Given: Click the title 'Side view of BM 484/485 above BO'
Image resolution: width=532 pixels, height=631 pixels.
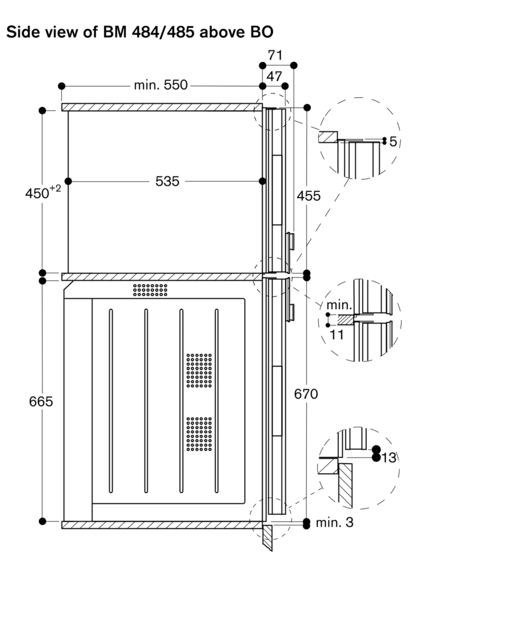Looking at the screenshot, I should click(139, 32).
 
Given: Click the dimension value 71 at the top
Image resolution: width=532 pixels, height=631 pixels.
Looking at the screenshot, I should click(275, 55).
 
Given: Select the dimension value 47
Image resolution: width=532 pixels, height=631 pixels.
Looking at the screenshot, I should click(274, 76).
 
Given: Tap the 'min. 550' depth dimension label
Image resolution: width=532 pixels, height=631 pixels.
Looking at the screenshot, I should click(160, 85).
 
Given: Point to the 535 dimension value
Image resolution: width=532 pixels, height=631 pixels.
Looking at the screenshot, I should click(167, 181).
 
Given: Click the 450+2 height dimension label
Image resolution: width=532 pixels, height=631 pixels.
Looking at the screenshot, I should click(42, 193).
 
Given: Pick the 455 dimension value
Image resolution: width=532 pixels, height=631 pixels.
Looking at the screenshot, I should click(308, 196).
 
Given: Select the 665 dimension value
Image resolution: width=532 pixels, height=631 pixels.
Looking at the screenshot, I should click(42, 401).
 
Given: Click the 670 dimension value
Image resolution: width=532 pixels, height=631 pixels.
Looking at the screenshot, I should click(307, 393).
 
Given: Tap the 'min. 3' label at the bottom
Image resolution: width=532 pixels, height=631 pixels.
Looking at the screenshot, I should click(335, 523).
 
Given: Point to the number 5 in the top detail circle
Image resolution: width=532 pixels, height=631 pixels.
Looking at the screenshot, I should click(393, 142).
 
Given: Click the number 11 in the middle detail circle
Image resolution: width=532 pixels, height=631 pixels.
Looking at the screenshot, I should click(336, 334).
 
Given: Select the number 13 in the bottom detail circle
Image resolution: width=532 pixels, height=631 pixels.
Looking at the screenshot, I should click(388, 458).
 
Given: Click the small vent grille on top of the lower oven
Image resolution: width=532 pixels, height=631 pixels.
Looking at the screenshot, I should click(150, 290).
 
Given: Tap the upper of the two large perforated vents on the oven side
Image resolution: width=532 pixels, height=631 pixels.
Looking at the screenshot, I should click(199, 370).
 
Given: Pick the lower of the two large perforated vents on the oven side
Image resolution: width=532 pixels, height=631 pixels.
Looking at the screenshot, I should click(199, 435).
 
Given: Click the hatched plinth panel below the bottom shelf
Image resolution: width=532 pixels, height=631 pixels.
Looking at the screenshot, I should click(268, 537).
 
